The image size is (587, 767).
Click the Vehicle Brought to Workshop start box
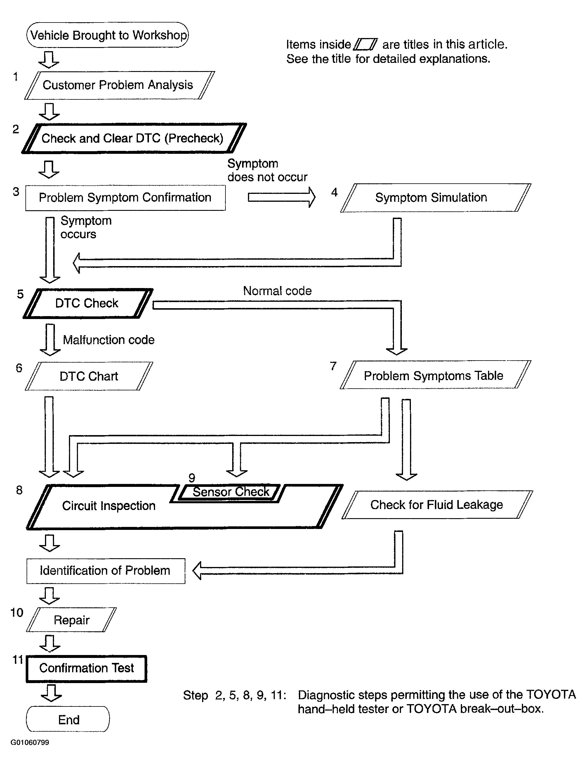click(x=107, y=35)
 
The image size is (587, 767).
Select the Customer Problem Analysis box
click(x=118, y=85)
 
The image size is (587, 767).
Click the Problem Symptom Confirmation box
click(x=125, y=198)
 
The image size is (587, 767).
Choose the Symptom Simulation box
click(x=431, y=198)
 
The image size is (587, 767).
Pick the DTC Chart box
click(x=89, y=376)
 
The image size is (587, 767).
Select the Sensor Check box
click(x=231, y=492)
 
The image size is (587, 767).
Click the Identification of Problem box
click(x=105, y=570)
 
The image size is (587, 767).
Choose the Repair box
click(x=71, y=620)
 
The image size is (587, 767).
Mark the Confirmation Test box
click(x=86, y=668)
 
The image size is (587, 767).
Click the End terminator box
click(x=68, y=720)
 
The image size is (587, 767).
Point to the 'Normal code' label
click(x=277, y=291)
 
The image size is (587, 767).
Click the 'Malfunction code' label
click(x=108, y=339)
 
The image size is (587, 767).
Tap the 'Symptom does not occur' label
click(x=267, y=170)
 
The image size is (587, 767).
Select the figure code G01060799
click(x=30, y=742)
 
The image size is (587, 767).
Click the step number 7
click(x=333, y=366)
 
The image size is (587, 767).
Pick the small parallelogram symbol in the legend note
click(x=365, y=44)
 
